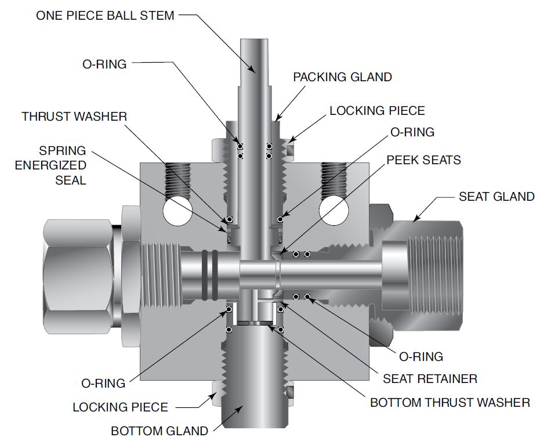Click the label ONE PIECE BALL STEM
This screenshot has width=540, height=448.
[x=105, y=16]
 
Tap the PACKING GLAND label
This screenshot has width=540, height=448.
[x=342, y=77]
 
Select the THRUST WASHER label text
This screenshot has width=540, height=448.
[x=74, y=117]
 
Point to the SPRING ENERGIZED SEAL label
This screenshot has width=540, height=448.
[x=50, y=165]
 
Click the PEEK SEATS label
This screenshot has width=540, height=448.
[x=423, y=160]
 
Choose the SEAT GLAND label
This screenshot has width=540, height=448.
[x=496, y=197]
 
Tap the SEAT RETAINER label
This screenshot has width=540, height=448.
[x=430, y=379]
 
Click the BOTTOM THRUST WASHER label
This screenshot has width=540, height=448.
[x=450, y=402]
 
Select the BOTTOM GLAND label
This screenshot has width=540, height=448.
[x=160, y=431]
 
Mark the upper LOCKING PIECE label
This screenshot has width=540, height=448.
[x=377, y=110]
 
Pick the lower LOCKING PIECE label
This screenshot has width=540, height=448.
[x=120, y=407]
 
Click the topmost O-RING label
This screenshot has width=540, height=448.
[x=104, y=64]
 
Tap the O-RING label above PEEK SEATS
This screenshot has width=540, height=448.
[x=412, y=132]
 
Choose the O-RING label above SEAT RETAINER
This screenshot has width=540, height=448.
[x=421, y=356]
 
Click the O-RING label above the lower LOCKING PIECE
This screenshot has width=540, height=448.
[x=103, y=384]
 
